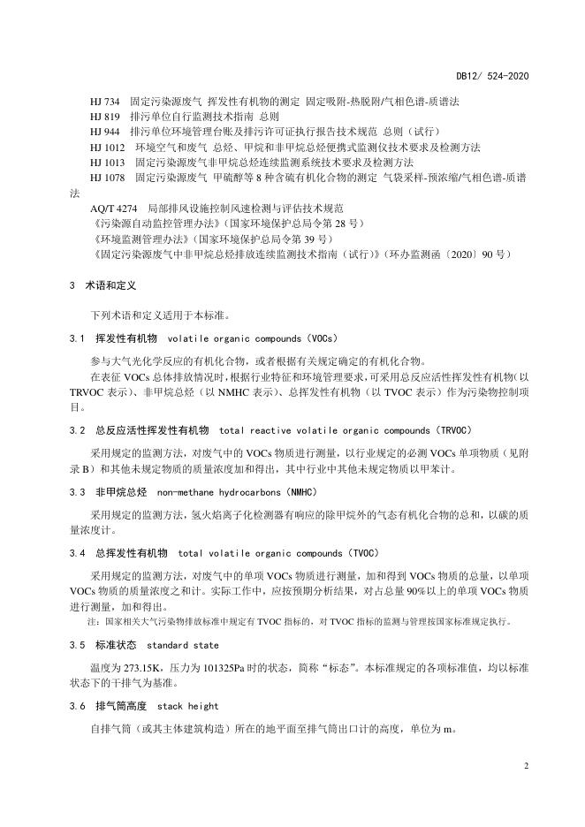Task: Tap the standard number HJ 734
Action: point(106,102)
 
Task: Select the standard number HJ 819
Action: point(106,117)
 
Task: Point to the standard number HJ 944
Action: point(106,132)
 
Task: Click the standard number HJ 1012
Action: point(109,147)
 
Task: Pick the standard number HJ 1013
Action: point(109,162)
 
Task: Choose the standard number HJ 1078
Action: point(109,178)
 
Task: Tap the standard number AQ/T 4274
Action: point(113,209)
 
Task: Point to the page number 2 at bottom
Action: point(525,765)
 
